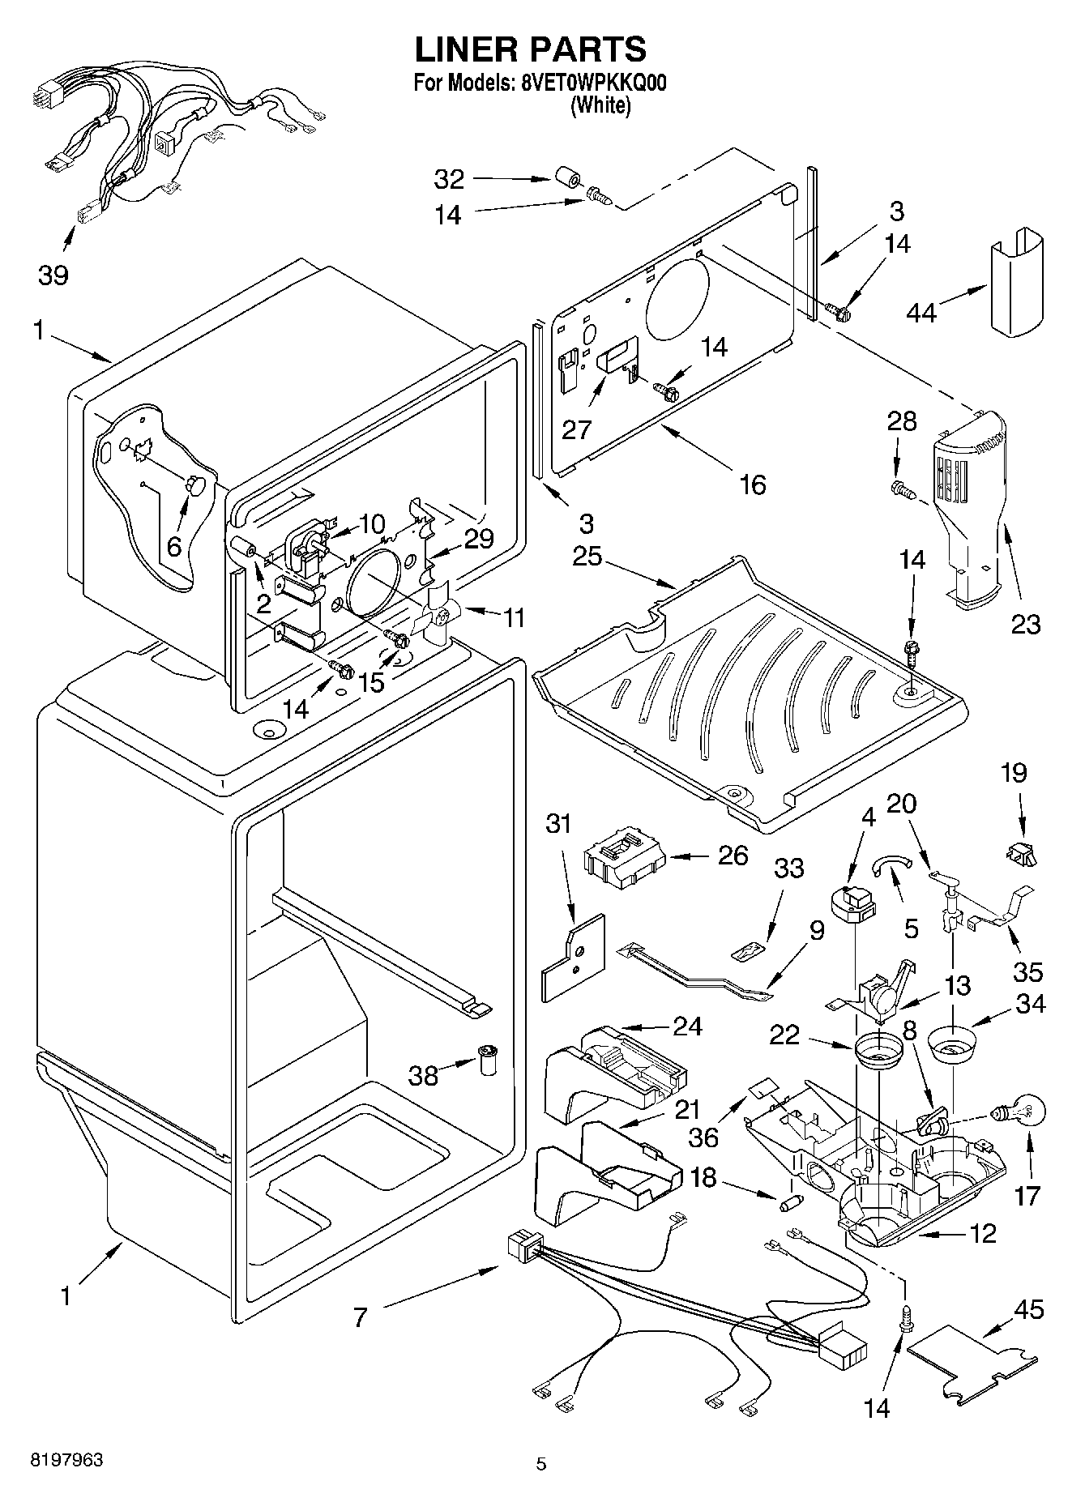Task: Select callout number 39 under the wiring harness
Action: [x=53, y=275]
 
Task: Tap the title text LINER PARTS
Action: [x=531, y=49]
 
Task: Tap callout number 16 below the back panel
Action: [x=752, y=484]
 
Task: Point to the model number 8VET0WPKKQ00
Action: [x=590, y=83]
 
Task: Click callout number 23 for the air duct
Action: [x=1025, y=624]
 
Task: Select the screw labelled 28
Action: [x=903, y=489]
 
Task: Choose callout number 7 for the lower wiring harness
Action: [x=360, y=1317]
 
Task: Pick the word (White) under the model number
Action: [x=600, y=105]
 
